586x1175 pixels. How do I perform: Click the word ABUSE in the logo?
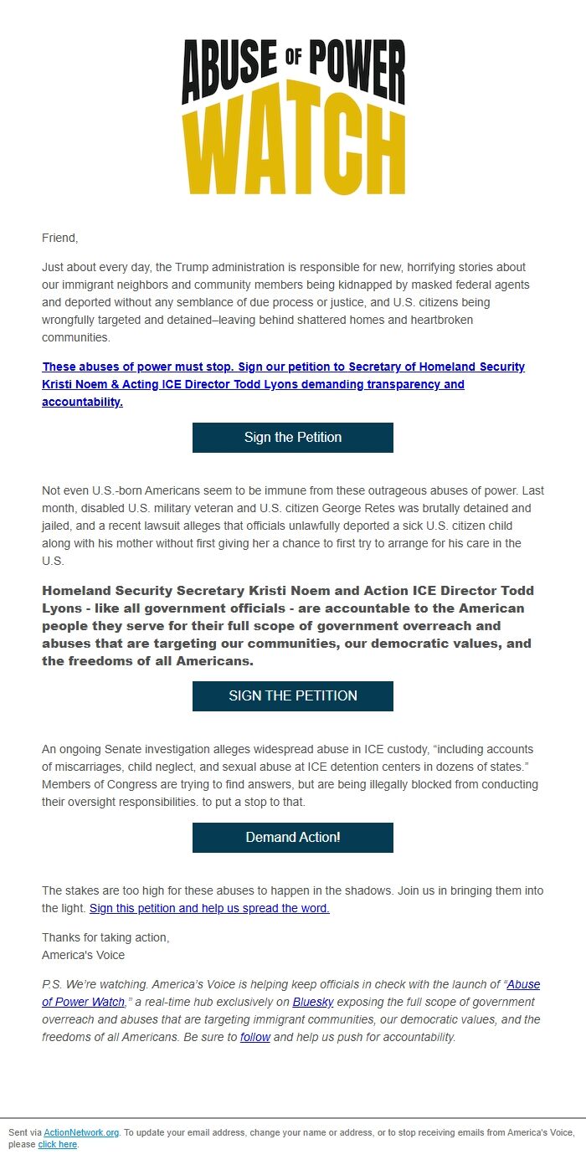pyautogui.click(x=229, y=71)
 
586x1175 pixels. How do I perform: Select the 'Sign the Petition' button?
pyautogui.click(x=293, y=438)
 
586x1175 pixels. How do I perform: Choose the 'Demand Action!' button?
pyautogui.click(x=293, y=838)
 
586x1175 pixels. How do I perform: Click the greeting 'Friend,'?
pyautogui.click(x=59, y=238)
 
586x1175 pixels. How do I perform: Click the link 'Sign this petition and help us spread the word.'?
pyautogui.click(x=209, y=908)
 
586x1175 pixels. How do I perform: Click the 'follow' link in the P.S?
pyautogui.click(x=254, y=1037)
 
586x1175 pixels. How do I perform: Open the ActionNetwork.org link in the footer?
pyautogui.click(x=81, y=1132)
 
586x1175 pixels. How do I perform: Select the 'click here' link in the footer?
pyautogui.click(x=57, y=1144)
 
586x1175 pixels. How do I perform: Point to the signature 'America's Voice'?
pyautogui.click(x=83, y=955)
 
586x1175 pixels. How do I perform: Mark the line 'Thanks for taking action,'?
pyautogui.click(x=105, y=937)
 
